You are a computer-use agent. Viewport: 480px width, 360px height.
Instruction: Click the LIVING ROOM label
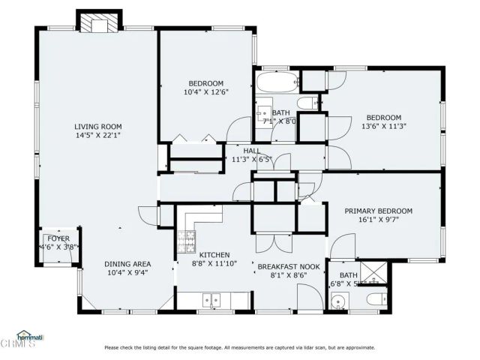tap(97, 126)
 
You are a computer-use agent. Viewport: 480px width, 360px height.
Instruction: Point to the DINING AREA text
tap(127, 264)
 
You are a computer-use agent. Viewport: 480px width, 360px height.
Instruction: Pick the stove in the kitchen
tap(184, 241)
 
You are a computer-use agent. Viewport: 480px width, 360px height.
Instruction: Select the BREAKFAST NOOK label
tap(289, 267)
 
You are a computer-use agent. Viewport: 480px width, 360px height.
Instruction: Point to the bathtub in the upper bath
tap(277, 81)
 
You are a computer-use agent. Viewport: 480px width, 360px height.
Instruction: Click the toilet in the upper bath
tap(307, 103)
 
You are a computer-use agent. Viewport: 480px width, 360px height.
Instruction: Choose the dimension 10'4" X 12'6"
tap(205, 92)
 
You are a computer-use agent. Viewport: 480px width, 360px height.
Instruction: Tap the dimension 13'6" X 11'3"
tap(383, 127)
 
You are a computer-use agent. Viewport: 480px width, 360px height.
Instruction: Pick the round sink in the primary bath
tap(338, 303)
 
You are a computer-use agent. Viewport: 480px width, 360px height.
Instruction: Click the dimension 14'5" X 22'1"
tap(97, 136)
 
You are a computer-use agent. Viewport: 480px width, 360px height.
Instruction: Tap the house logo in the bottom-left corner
tap(30, 335)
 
